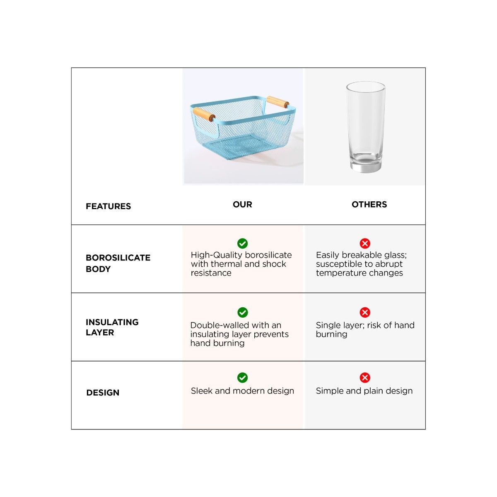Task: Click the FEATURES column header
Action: [x=108, y=206]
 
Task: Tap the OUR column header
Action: [x=242, y=204]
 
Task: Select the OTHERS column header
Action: [x=369, y=204]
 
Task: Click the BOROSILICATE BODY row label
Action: [x=118, y=263]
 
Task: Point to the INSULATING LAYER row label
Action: [x=112, y=327]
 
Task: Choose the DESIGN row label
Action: [x=103, y=393]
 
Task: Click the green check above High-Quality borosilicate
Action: [x=242, y=243]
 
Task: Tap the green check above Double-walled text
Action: [x=242, y=312]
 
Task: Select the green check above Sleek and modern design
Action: [x=242, y=378]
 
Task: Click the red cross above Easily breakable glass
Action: [x=365, y=243]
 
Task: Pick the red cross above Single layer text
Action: [x=365, y=312]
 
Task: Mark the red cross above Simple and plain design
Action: [x=365, y=378]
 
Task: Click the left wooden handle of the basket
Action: [x=204, y=114]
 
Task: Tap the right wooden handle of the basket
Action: [x=277, y=101]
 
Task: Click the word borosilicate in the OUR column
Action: [x=268, y=255]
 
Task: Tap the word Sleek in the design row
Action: [x=202, y=391]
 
